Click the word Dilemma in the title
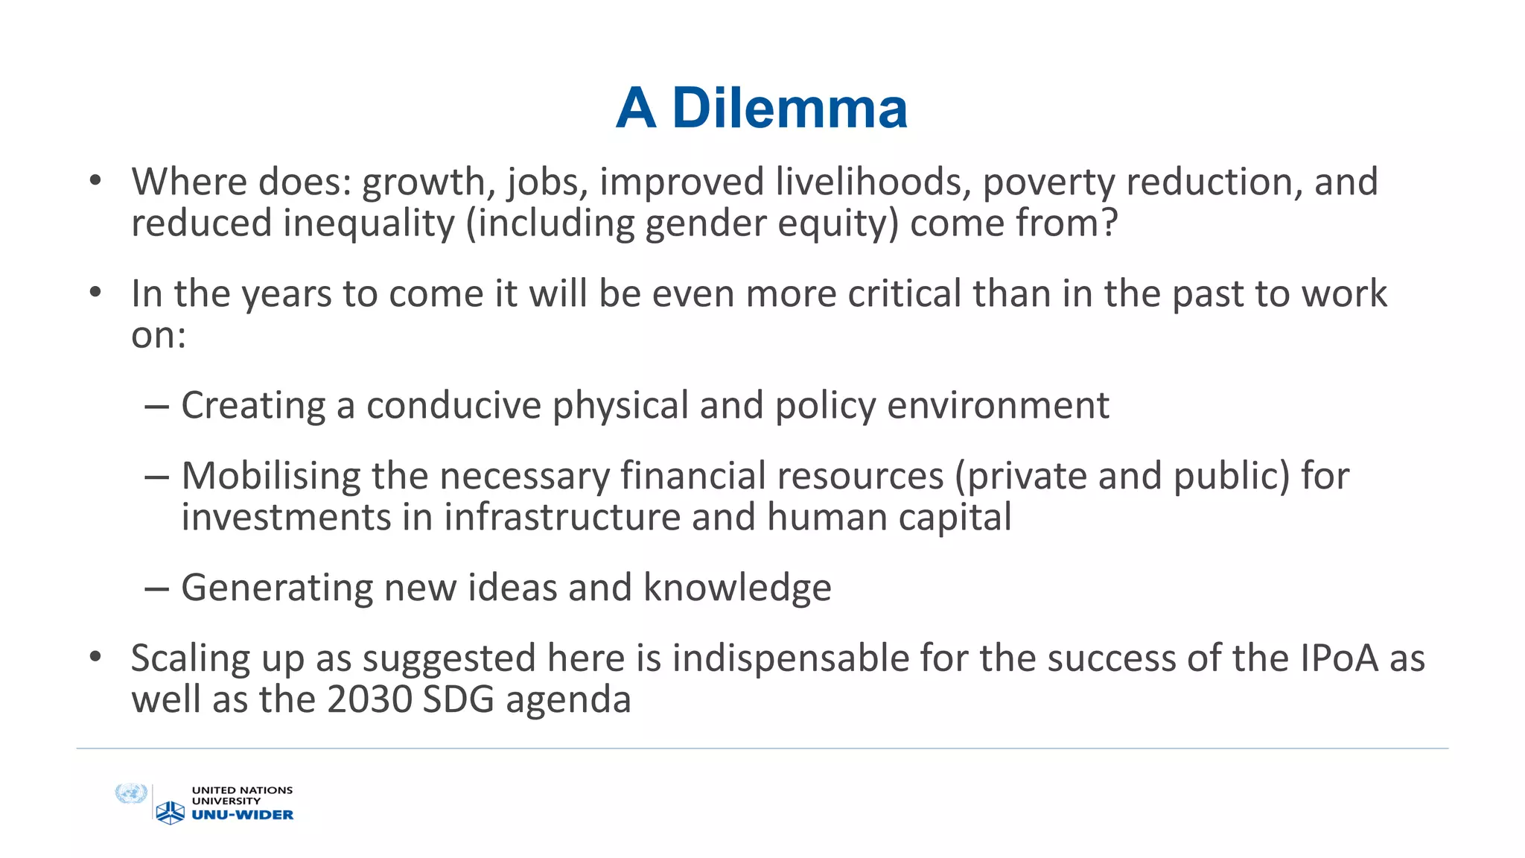pos(789,109)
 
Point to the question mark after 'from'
pos(1109,223)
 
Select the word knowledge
pos(737,588)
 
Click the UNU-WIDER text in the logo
pos(243,815)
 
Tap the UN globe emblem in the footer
pos(132,794)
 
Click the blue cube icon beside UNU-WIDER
pos(171,813)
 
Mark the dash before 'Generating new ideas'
pos(157,589)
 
